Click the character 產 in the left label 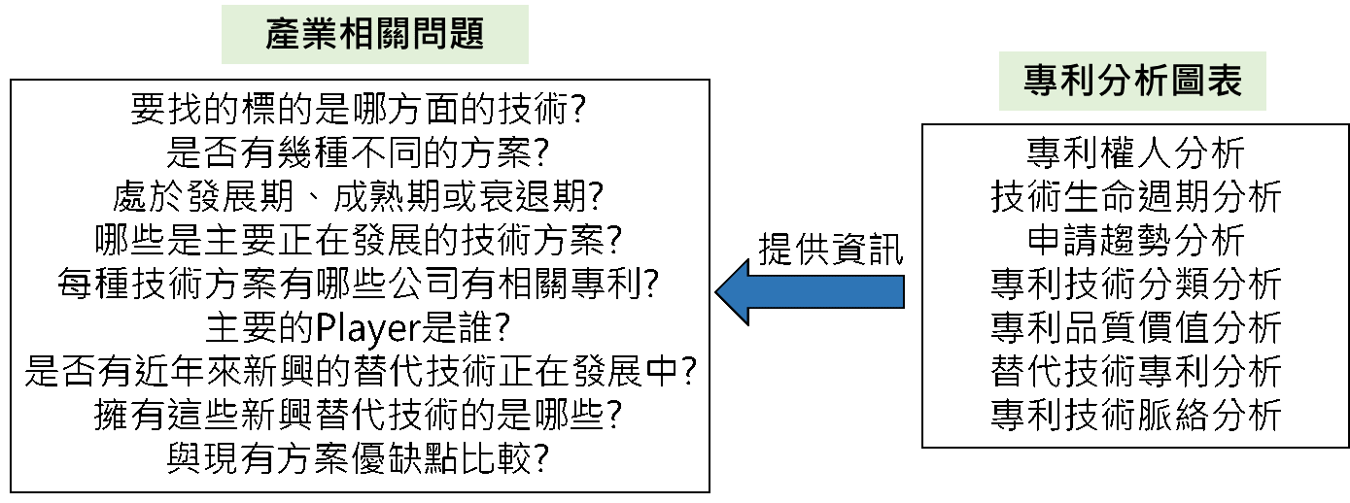(x=284, y=35)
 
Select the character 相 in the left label (x=357, y=35)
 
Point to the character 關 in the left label (x=394, y=35)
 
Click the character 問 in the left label (x=430, y=35)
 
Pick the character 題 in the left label (x=467, y=35)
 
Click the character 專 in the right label (x=1041, y=82)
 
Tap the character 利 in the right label (x=1078, y=82)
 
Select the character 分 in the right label (x=1115, y=82)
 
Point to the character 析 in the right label (x=1152, y=82)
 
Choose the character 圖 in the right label (x=1188, y=82)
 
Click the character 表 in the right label (x=1225, y=82)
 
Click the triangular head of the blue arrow (x=736, y=291)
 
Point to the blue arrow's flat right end (x=899, y=291)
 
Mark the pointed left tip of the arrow (x=720, y=291)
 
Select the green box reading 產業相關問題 (x=375, y=35)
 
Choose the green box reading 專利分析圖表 (x=1132, y=82)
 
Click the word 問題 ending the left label (x=448, y=35)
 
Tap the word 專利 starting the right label (x=1059, y=82)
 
